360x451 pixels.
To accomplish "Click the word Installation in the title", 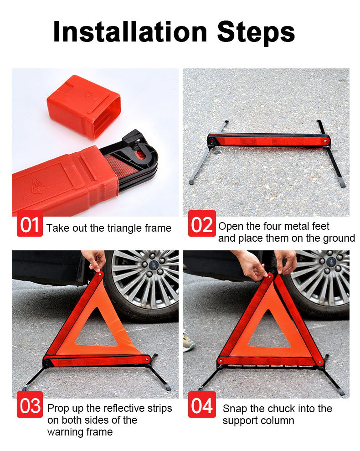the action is point(130,31).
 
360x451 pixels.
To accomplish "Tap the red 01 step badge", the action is point(30,223).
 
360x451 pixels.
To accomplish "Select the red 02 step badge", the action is point(202,223).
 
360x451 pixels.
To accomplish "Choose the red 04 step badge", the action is point(202,404).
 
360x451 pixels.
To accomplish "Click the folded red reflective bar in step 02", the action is point(269,140).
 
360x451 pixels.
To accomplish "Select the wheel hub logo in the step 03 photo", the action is point(152,265).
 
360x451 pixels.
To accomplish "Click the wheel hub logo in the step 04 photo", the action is point(332,261).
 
